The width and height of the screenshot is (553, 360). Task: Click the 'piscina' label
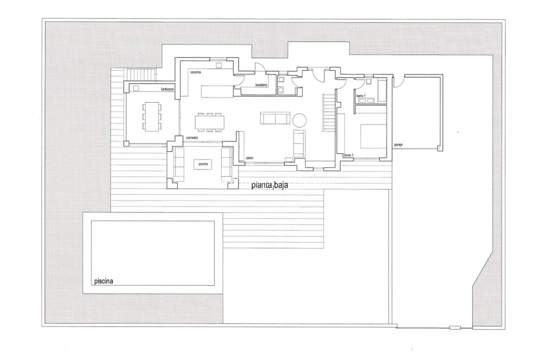pos(103,281)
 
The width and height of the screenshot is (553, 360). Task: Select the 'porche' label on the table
pos(203,164)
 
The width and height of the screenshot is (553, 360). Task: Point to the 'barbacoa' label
pos(168,89)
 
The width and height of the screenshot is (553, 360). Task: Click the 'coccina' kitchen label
pos(196,73)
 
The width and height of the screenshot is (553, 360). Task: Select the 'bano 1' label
pos(361,96)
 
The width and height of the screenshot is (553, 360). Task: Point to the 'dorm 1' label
pos(349,155)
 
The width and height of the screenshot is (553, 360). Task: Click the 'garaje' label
pos(398,145)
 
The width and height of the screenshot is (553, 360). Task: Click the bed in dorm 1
pos(373,136)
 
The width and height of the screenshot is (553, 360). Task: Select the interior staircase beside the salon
pos(329,112)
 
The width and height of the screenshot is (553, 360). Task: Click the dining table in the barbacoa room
pos(152,116)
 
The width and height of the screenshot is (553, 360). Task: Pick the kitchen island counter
pos(217,91)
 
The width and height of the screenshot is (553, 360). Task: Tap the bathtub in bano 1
pos(382,89)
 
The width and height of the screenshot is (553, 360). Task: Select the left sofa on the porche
pos(179,164)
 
